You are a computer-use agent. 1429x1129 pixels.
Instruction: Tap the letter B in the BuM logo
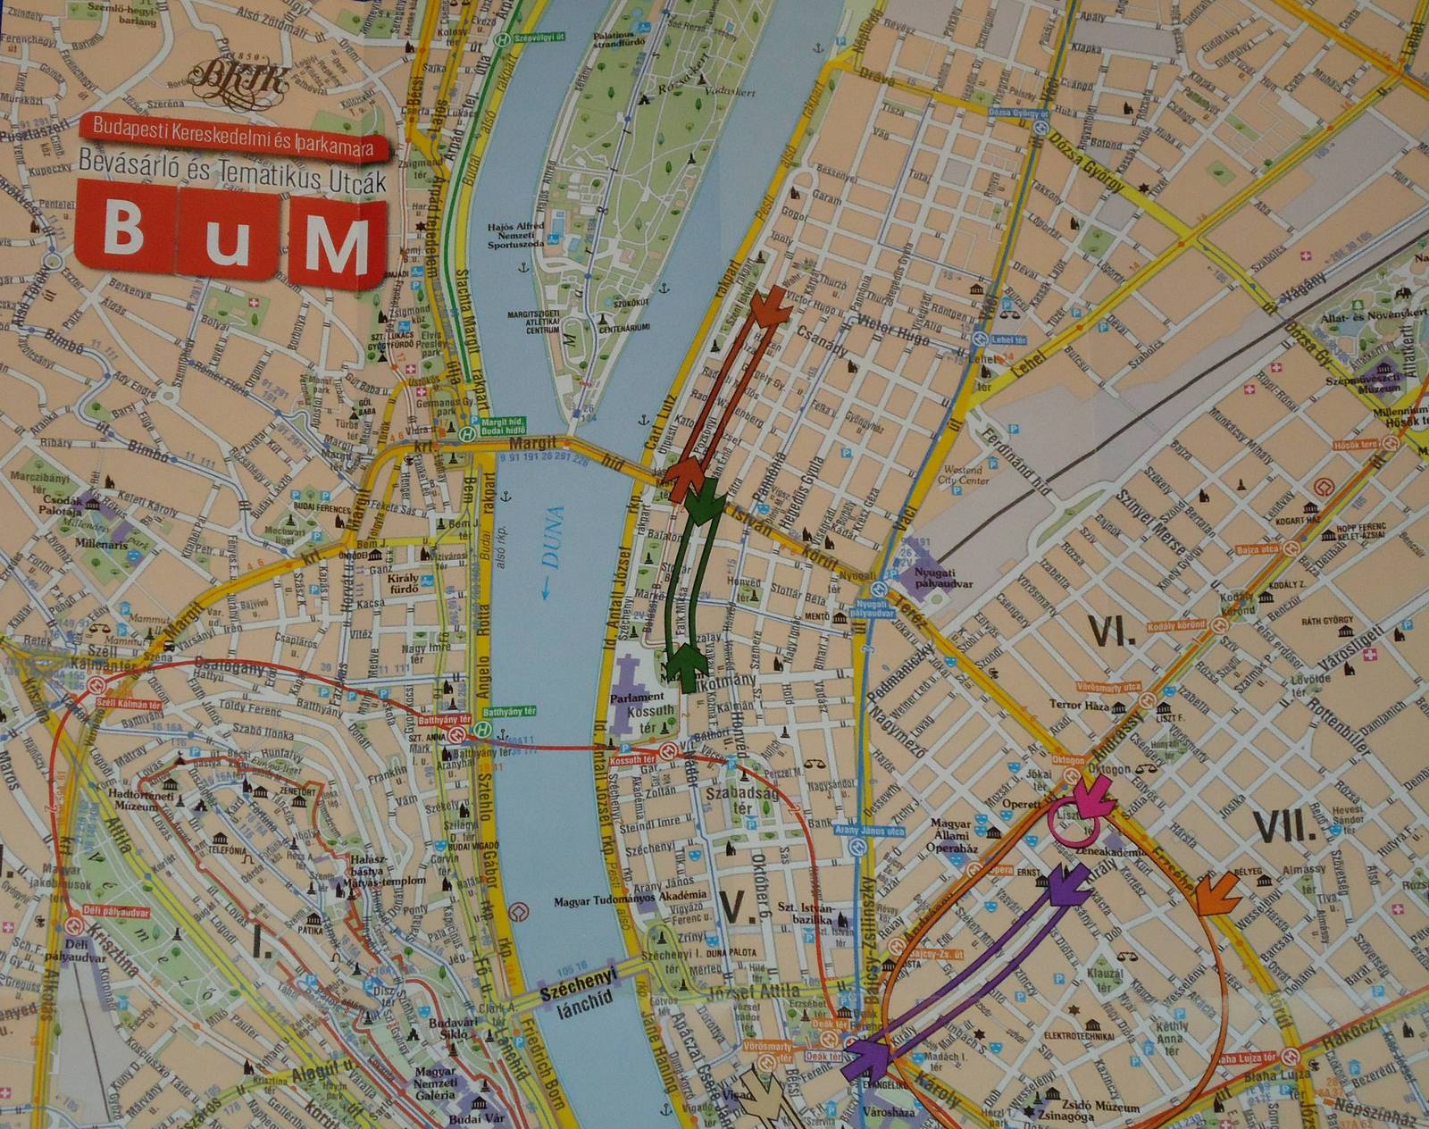click(x=124, y=229)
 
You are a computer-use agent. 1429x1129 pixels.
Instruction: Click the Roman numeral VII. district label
click(x=1285, y=825)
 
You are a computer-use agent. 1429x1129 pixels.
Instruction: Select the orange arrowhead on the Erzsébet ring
click(x=1217, y=892)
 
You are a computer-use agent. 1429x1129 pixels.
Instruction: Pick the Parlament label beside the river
click(x=637, y=697)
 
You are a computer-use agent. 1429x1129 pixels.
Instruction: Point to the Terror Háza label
click(x=1079, y=705)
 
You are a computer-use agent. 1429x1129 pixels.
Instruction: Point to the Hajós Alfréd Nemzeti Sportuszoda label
click(x=516, y=234)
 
